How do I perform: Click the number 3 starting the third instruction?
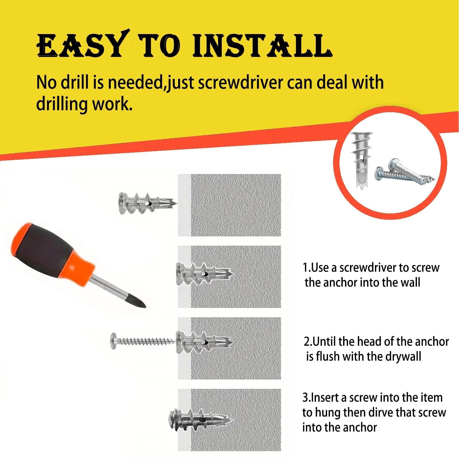(x=305, y=398)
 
